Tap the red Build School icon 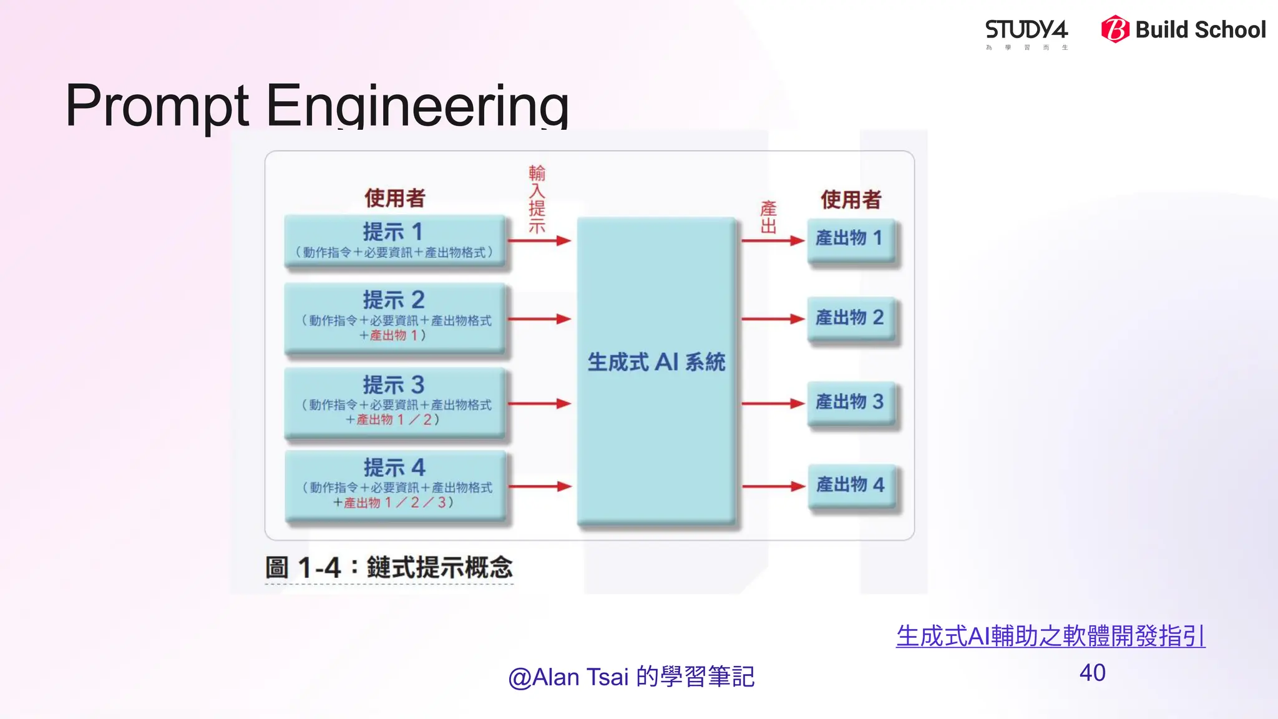[1115, 29]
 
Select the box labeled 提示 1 [394, 241]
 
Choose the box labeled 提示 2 [394, 317]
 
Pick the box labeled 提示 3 [394, 402]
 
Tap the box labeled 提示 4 [396, 485]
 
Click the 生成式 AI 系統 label [656, 363]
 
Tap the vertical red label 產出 [768, 217]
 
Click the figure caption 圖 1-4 [388, 568]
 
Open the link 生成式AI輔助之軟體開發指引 [1050, 636]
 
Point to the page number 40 [1092, 673]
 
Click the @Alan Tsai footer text [631, 677]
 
